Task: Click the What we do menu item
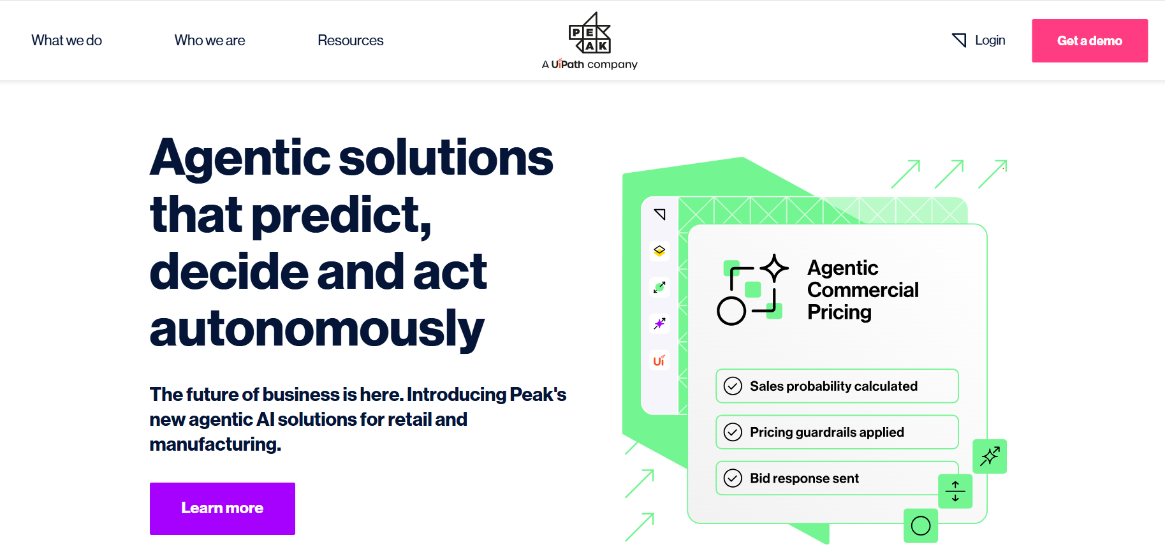pos(66,40)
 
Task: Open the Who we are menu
pos(210,40)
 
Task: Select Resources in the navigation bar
pos(351,40)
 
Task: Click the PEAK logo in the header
pos(589,33)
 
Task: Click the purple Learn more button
pos(223,508)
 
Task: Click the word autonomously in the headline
pos(317,330)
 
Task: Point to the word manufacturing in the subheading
pos(215,444)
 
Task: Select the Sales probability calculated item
pos(837,386)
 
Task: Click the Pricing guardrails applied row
pos(837,432)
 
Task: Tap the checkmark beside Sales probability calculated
pos(733,386)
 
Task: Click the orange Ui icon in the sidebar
pos(659,360)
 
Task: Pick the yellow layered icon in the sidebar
pos(659,251)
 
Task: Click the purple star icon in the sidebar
pos(659,323)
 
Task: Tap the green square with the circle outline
pos(921,526)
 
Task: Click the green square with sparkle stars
pos(990,456)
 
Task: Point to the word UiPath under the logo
pos(568,64)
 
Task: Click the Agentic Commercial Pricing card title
pos(863,290)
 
